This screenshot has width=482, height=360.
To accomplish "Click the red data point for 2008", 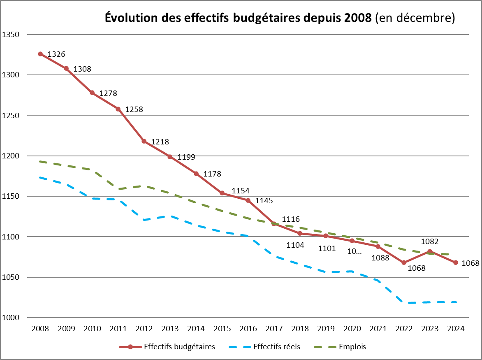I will (x=40, y=54).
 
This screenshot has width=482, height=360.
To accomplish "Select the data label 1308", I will (x=82, y=69).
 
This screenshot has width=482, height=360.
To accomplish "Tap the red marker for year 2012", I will (x=144, y=141).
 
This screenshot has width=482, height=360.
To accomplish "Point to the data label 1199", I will (x=186, y=157).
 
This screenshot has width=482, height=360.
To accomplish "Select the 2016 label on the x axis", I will (x=248, y=329).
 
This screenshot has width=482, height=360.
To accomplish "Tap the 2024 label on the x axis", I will (x=456, y=329).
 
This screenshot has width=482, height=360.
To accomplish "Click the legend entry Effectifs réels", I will (x=277, y=347).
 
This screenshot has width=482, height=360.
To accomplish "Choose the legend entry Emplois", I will (x=352, y=347).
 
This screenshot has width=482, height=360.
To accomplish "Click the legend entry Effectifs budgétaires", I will (x=179, y=347).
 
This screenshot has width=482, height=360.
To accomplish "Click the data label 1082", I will (x=430, y=241).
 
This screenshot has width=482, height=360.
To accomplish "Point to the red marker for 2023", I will (x=430, y=251).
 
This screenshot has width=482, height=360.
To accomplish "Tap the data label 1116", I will (x=291, y=219).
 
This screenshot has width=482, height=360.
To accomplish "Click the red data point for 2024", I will (x=456, y=262).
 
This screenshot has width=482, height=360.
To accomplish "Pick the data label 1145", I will (x=264, y=201).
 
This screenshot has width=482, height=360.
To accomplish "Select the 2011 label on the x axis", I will (x=118, y=329).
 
